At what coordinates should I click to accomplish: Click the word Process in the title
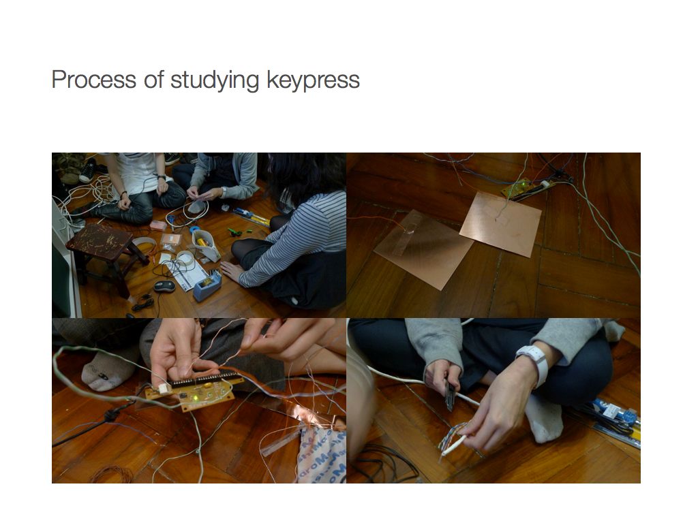click(94, 80)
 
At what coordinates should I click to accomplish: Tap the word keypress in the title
click(313, 81)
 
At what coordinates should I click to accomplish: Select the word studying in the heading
click(215, 81)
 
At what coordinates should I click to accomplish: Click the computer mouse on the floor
click(164, 286)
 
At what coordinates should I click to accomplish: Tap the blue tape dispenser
click(207, 285)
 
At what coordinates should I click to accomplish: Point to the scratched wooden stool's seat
click(100, 241)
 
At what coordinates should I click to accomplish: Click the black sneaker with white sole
click(88, 171)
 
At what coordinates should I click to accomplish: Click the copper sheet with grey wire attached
click(501, 223)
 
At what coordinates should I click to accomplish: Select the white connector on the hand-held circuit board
click(164, 389)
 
